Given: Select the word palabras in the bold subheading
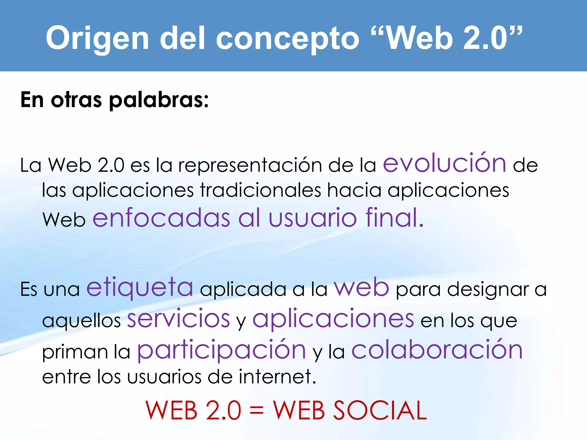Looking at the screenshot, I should pos(159,100).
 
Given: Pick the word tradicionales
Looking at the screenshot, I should pos(261,190).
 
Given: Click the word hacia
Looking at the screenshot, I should pos(354,190).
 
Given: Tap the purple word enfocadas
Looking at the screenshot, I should pos(161,218).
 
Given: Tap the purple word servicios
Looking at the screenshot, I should pos(178,319).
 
